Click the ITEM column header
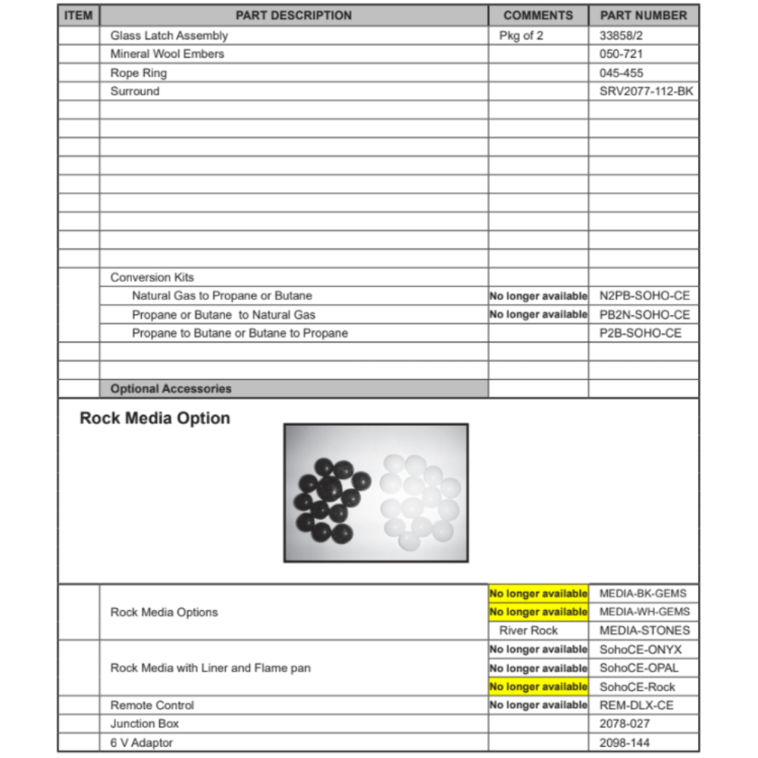point(78,15)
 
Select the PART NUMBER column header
point(644,15)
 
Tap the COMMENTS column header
point(538,15)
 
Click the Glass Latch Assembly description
point(169,36)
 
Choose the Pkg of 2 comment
point(522,36)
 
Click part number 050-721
point(622,54)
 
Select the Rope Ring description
point(139,73)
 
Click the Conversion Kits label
point(152,277)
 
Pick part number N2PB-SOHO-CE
point(644,296)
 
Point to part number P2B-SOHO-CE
point(641,333)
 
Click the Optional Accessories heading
point(171,389)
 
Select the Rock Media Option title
point(155,418)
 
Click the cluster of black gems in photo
point(331,498)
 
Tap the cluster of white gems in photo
point(419,496)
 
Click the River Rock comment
point(528,631)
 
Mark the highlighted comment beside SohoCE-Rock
point(538,687)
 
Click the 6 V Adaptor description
point(142,743)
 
